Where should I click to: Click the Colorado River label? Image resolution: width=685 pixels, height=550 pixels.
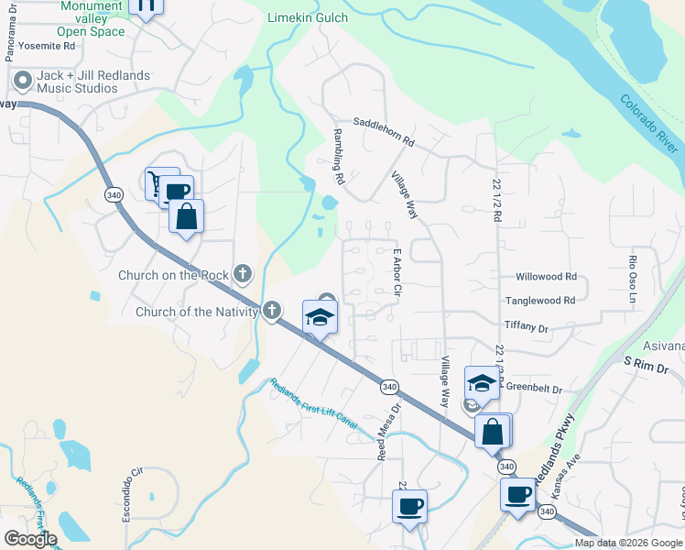(649, 124)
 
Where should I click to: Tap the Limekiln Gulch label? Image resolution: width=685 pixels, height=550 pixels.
(309, 17)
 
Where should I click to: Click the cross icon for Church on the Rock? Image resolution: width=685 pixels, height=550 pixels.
(242, 272)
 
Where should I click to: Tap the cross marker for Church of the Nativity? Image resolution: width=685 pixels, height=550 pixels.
(271, 311)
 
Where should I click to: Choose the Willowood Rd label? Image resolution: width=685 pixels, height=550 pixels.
(546, 276)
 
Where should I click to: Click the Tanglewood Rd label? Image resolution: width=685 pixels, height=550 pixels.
(540, 300)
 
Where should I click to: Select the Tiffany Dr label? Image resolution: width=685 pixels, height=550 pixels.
(526, 326)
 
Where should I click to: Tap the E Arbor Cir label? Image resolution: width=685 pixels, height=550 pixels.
(397, 272)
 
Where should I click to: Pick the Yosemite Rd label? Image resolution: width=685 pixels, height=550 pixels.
(45, 45)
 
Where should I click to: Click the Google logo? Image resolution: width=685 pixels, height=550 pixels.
(29, 539)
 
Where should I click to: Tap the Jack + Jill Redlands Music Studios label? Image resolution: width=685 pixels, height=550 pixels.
(77, 82)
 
